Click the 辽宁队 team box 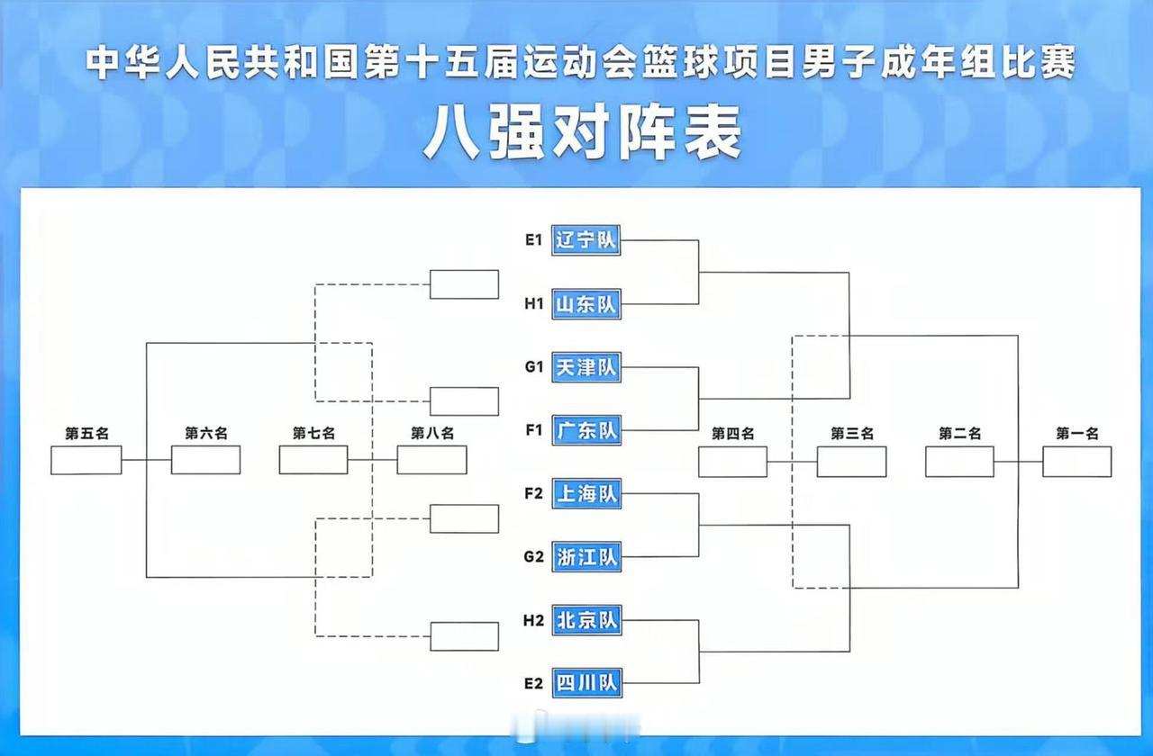586,240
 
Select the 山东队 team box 586,304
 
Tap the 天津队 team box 586,367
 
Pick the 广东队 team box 586,430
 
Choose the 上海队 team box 586,493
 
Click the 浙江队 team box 586,557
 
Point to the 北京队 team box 586,620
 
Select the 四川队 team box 586,683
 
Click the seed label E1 534,240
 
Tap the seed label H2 534,620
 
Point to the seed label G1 534,367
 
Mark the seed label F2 534,493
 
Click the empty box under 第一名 1076,462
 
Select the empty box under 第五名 86,460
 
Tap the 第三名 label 851,434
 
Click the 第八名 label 432,434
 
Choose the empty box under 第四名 732,462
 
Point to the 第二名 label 959,434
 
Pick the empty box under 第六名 205,460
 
